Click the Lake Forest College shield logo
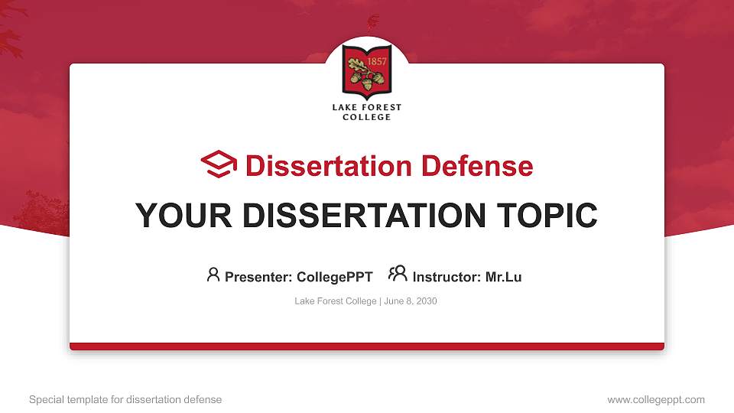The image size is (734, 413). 367,73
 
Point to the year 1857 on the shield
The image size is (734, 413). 376,60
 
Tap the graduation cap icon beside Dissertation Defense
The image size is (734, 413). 219,164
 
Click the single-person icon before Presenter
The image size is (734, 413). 213,275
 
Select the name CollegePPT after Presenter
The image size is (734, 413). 335,277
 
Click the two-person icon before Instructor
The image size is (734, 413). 398,275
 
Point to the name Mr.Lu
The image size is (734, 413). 503,277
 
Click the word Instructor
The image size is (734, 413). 447,277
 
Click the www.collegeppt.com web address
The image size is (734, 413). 656,399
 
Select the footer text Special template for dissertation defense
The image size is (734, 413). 125,399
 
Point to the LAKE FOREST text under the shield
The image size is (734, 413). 367,108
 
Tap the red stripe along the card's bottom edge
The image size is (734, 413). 367,346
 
